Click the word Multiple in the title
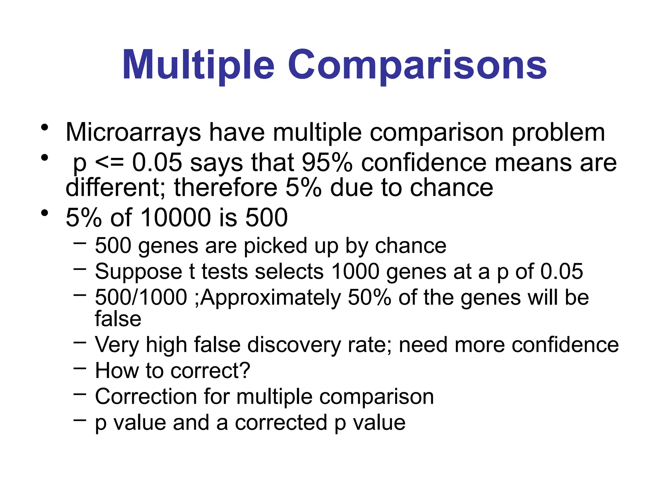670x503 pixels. point(198,65)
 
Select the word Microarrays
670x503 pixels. point(133,132)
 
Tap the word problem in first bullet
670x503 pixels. point(558,132)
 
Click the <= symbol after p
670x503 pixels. point(109,162)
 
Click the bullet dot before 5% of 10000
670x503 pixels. point(45,213)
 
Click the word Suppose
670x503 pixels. point(138,271)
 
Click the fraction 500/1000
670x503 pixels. point(141,297)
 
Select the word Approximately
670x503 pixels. point(271,297)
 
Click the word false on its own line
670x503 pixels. point(118,319)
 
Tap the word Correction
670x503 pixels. point(146,397)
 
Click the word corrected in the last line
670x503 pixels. point(281,422)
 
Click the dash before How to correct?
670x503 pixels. point(80,368)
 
